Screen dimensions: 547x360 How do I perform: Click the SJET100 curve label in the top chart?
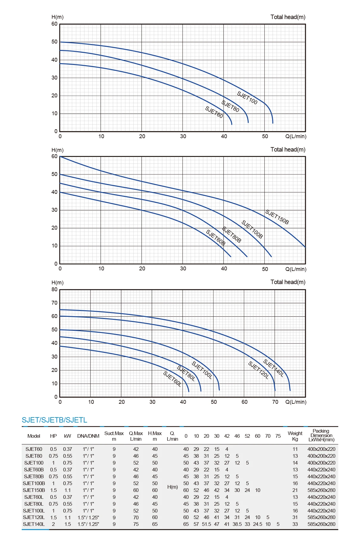tap(247, 98)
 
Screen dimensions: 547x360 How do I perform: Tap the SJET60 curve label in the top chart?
tap(214, 112)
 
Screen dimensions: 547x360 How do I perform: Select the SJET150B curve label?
tap(277, 217)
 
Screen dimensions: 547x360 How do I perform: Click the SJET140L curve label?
tap(273, 368)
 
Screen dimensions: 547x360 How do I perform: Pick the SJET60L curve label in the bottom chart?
tap(172, 379)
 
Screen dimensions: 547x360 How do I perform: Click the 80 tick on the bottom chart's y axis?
tap(54, 289)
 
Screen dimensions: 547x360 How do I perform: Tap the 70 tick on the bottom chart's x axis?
tap(275, 402)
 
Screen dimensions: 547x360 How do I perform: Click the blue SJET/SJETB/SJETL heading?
tap(54, 420)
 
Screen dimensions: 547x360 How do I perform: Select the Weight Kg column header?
tap(295, 436)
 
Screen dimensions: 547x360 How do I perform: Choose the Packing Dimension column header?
tap(321, 435)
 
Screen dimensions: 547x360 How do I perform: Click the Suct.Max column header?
tap(114, 436)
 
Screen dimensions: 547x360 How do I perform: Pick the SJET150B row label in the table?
tap(34, 490)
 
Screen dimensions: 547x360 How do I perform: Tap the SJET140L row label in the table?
tap(34, 524)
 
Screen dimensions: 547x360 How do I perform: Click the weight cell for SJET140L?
tap(295, 524)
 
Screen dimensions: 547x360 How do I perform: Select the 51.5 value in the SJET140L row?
tap(206, 524)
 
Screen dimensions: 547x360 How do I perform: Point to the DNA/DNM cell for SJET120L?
tap(88, 518)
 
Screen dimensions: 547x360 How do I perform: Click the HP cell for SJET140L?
tap(53, 524)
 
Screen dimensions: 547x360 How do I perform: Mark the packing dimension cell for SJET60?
tap(321, 449)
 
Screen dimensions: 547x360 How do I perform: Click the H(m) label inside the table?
tap(172, 487)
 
